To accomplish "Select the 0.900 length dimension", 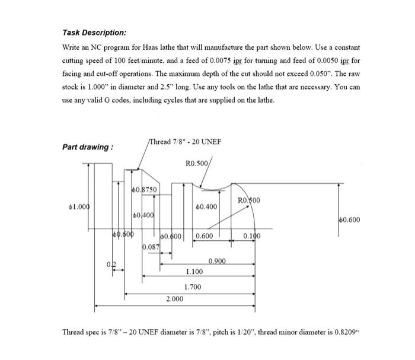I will [219, 261].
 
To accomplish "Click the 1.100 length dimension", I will [194, 272].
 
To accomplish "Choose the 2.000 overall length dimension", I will [174, 300].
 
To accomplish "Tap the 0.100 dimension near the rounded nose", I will [251, 236].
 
